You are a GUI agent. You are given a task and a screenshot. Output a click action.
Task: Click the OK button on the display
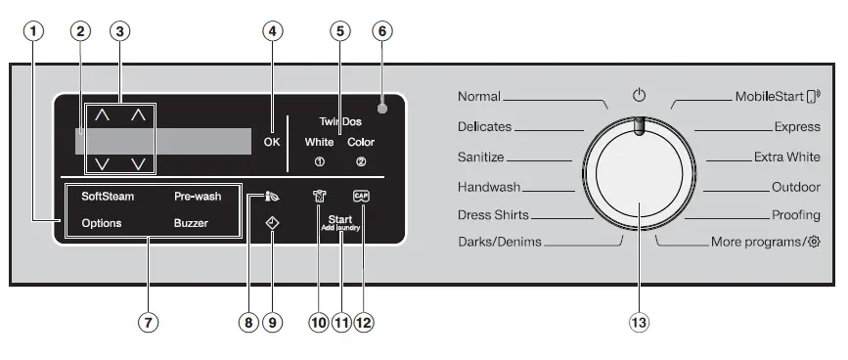(272, 141)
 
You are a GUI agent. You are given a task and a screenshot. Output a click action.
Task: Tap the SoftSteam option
(108, 196)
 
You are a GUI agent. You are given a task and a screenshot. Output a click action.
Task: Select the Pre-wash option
(198, 196)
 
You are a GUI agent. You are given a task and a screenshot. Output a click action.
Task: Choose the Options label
(102, 223)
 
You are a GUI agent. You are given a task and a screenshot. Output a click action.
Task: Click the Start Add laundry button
(340, 222)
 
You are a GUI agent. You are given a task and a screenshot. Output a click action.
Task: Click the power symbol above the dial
(639, 96)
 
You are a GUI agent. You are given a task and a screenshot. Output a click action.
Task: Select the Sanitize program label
(480, 157)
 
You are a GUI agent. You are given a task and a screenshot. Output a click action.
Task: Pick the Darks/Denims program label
(499, 242)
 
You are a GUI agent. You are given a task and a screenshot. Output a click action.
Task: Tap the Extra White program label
(786, 157)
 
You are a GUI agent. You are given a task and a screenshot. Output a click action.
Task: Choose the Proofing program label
(795, 214)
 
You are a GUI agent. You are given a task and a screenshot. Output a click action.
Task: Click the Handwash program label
(488, 186)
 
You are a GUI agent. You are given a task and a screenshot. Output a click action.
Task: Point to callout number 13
(639, 321)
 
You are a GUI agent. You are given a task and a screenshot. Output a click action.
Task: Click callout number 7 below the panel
(148, 321)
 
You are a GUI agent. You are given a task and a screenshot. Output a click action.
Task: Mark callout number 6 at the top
(381, 31)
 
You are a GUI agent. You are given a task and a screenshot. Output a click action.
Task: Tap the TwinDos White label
(319, 142)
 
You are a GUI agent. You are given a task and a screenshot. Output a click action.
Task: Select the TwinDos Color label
(360, 142)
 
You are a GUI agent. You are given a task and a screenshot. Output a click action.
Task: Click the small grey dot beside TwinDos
(381, 109)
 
